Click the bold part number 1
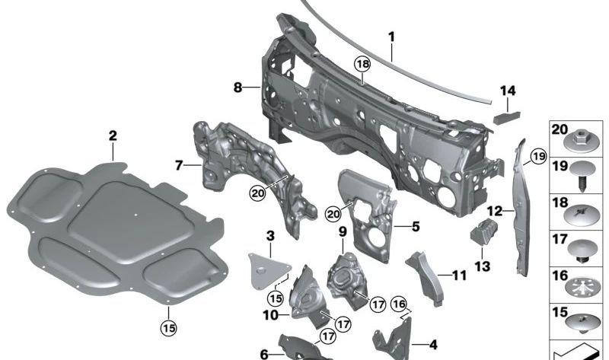point(391,37)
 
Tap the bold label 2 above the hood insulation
point(113,136)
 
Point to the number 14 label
point(508,91)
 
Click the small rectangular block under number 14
point(507,116)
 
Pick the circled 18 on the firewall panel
point(362,64)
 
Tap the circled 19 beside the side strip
point(538,157)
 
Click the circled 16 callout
point(399,304)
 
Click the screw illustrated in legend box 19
point(582,175)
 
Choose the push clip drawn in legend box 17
point(582,252)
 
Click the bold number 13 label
point(482,266)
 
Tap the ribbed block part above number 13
point(484,231)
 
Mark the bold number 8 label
point(238,88)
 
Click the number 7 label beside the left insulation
point(178,166)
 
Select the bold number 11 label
point(459,276)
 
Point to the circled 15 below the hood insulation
point(169,328)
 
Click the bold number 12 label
point(494,212)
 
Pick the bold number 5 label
point(416,226)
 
